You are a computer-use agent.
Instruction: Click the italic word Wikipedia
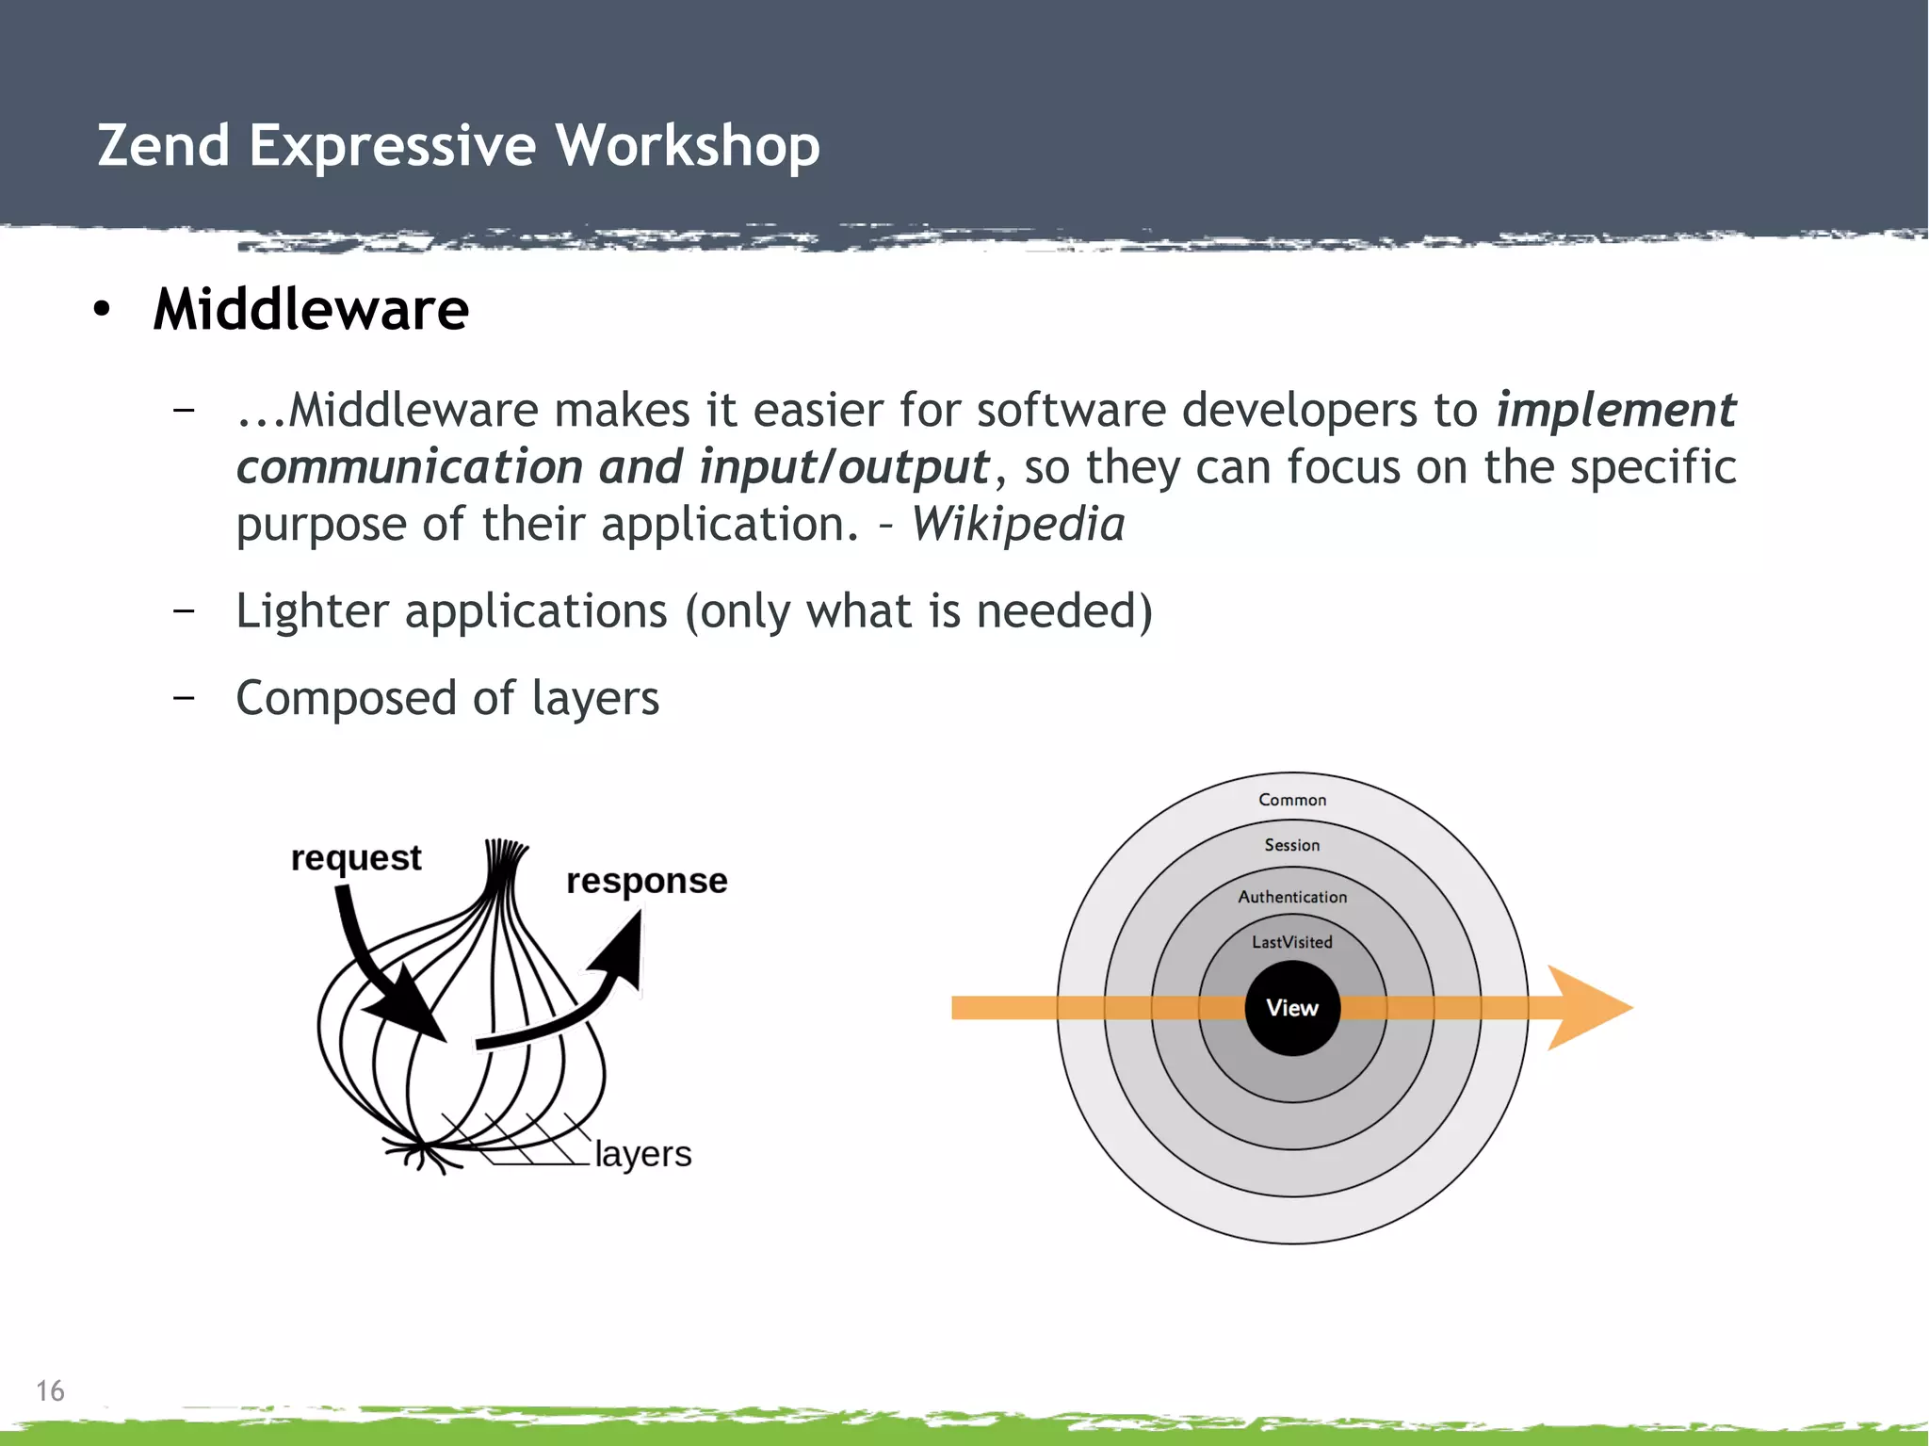(x=1017, y=524)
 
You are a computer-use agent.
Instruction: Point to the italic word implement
(x=1615, y=410)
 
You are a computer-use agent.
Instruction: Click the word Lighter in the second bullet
(x=312, y=610)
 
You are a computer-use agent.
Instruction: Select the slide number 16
(x=50, y=1390)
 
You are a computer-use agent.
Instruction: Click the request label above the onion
(x=356, y=857)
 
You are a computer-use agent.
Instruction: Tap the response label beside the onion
(x=646, y=880)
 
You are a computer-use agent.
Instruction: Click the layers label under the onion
(x=642, y=1153)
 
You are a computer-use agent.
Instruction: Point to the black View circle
(x=1292, y=1008)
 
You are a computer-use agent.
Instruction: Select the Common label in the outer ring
(x=1292, y=800)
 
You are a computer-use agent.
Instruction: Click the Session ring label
(x=1292, y=845)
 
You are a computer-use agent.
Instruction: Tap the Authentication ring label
(x=1292, y=897)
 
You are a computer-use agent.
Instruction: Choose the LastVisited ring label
(x=1292, y=942)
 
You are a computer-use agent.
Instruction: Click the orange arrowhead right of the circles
(x=1586, y=1008)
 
